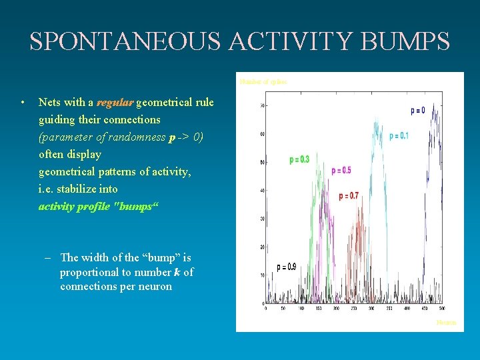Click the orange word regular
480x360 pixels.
(x=115, y=103)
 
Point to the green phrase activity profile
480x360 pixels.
(x=75, y=206)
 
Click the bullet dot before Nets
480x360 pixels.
(x=23, y=103)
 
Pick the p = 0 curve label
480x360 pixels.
(x=417, y=111)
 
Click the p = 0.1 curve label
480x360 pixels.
(x=399, y=136)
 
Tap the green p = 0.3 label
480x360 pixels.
(x=299, y=159)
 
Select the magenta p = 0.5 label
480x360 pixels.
(x=341, y=171)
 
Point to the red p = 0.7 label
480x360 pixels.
(x=348, y=196)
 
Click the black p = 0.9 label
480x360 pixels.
(x=286, y=267)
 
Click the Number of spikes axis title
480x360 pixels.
(x=263, y=82)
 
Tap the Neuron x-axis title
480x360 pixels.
(x=446, y=323)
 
